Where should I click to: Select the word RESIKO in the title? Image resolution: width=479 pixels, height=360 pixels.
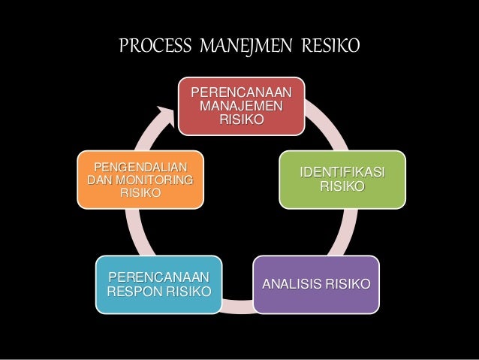pyautogui.click(x=330, y=47)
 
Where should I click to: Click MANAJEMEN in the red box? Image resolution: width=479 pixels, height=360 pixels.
pyautogui.click(x=241, y=105)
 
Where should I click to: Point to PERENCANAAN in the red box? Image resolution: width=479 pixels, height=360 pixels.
pyautogui.click(x=241, y=92)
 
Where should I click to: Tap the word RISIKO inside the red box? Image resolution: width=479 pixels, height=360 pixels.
pyautogui.click(x=241, y=119)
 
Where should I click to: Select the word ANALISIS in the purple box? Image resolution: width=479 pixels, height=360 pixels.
pyautogui.click(x=288, y=285)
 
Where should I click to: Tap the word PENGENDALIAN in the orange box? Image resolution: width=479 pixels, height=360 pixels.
pyautogui.click(x=140, y=166)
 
